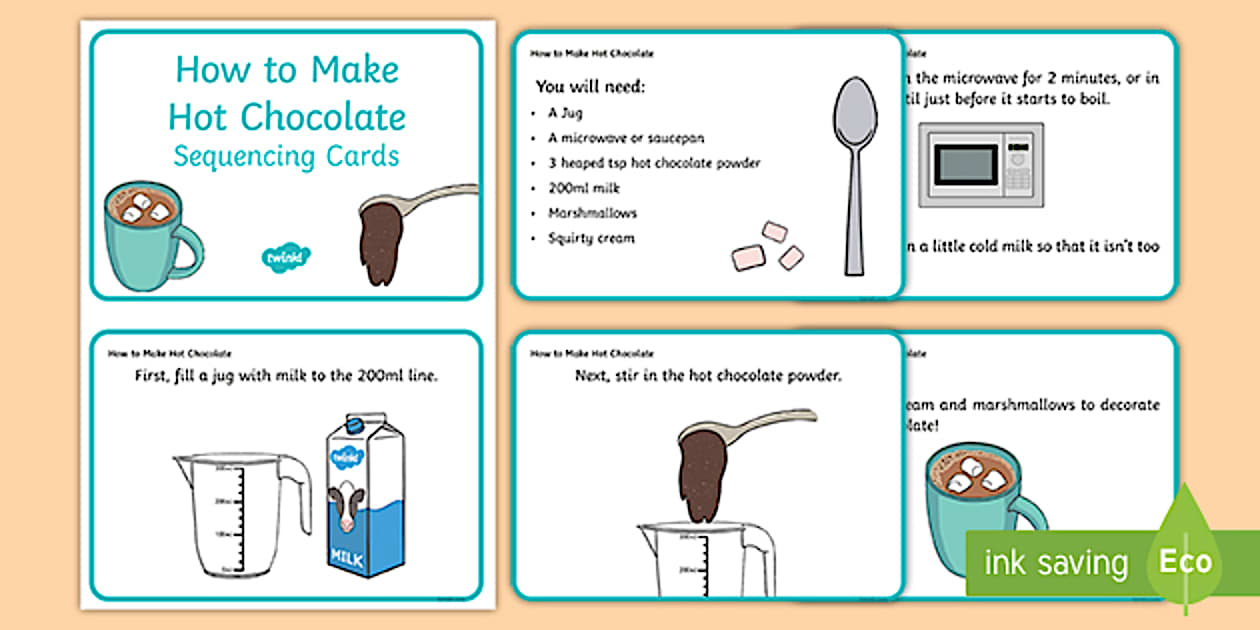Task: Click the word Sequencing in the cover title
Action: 233,157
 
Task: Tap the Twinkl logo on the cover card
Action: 285,256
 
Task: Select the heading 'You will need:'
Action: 590,86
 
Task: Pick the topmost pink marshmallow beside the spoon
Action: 774,232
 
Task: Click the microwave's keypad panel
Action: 1018,165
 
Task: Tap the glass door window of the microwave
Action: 965,165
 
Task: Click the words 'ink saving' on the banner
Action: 1056,562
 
